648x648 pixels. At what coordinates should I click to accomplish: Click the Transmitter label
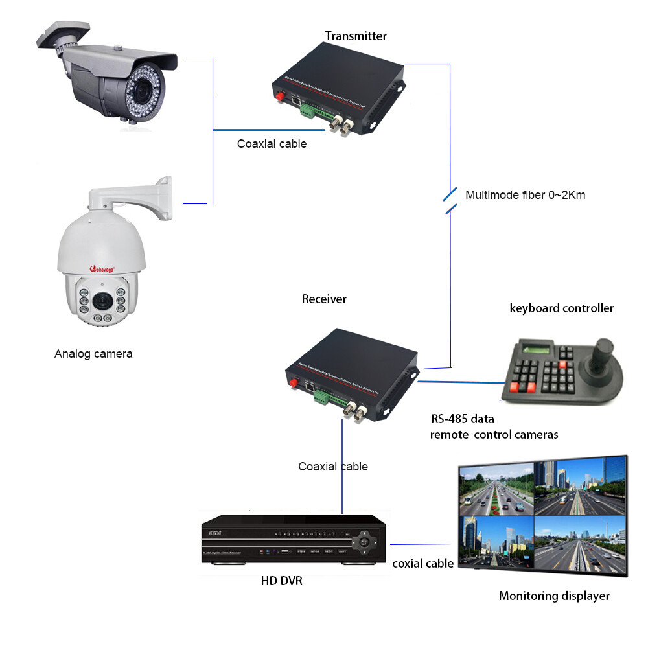[x=356, y=36]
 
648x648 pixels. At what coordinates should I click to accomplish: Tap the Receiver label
[x=324, y=299]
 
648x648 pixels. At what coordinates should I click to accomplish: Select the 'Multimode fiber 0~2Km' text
[x=525, y=194]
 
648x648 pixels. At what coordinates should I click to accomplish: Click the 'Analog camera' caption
[x=93, y=354]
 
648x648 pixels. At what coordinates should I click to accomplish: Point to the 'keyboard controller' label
[x=561, y=308]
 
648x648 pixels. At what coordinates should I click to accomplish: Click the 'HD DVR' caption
[x=281, y=581]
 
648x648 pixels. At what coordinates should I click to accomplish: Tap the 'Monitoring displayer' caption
[x=554, y=596]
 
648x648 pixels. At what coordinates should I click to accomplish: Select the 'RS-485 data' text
[x=463, y=419]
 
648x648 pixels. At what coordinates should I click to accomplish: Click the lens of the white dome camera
[x=102, y=301]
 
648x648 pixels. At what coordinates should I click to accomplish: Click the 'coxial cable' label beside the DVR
[x=422, y=564]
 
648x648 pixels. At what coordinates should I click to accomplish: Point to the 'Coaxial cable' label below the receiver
[x=333, y=467]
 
